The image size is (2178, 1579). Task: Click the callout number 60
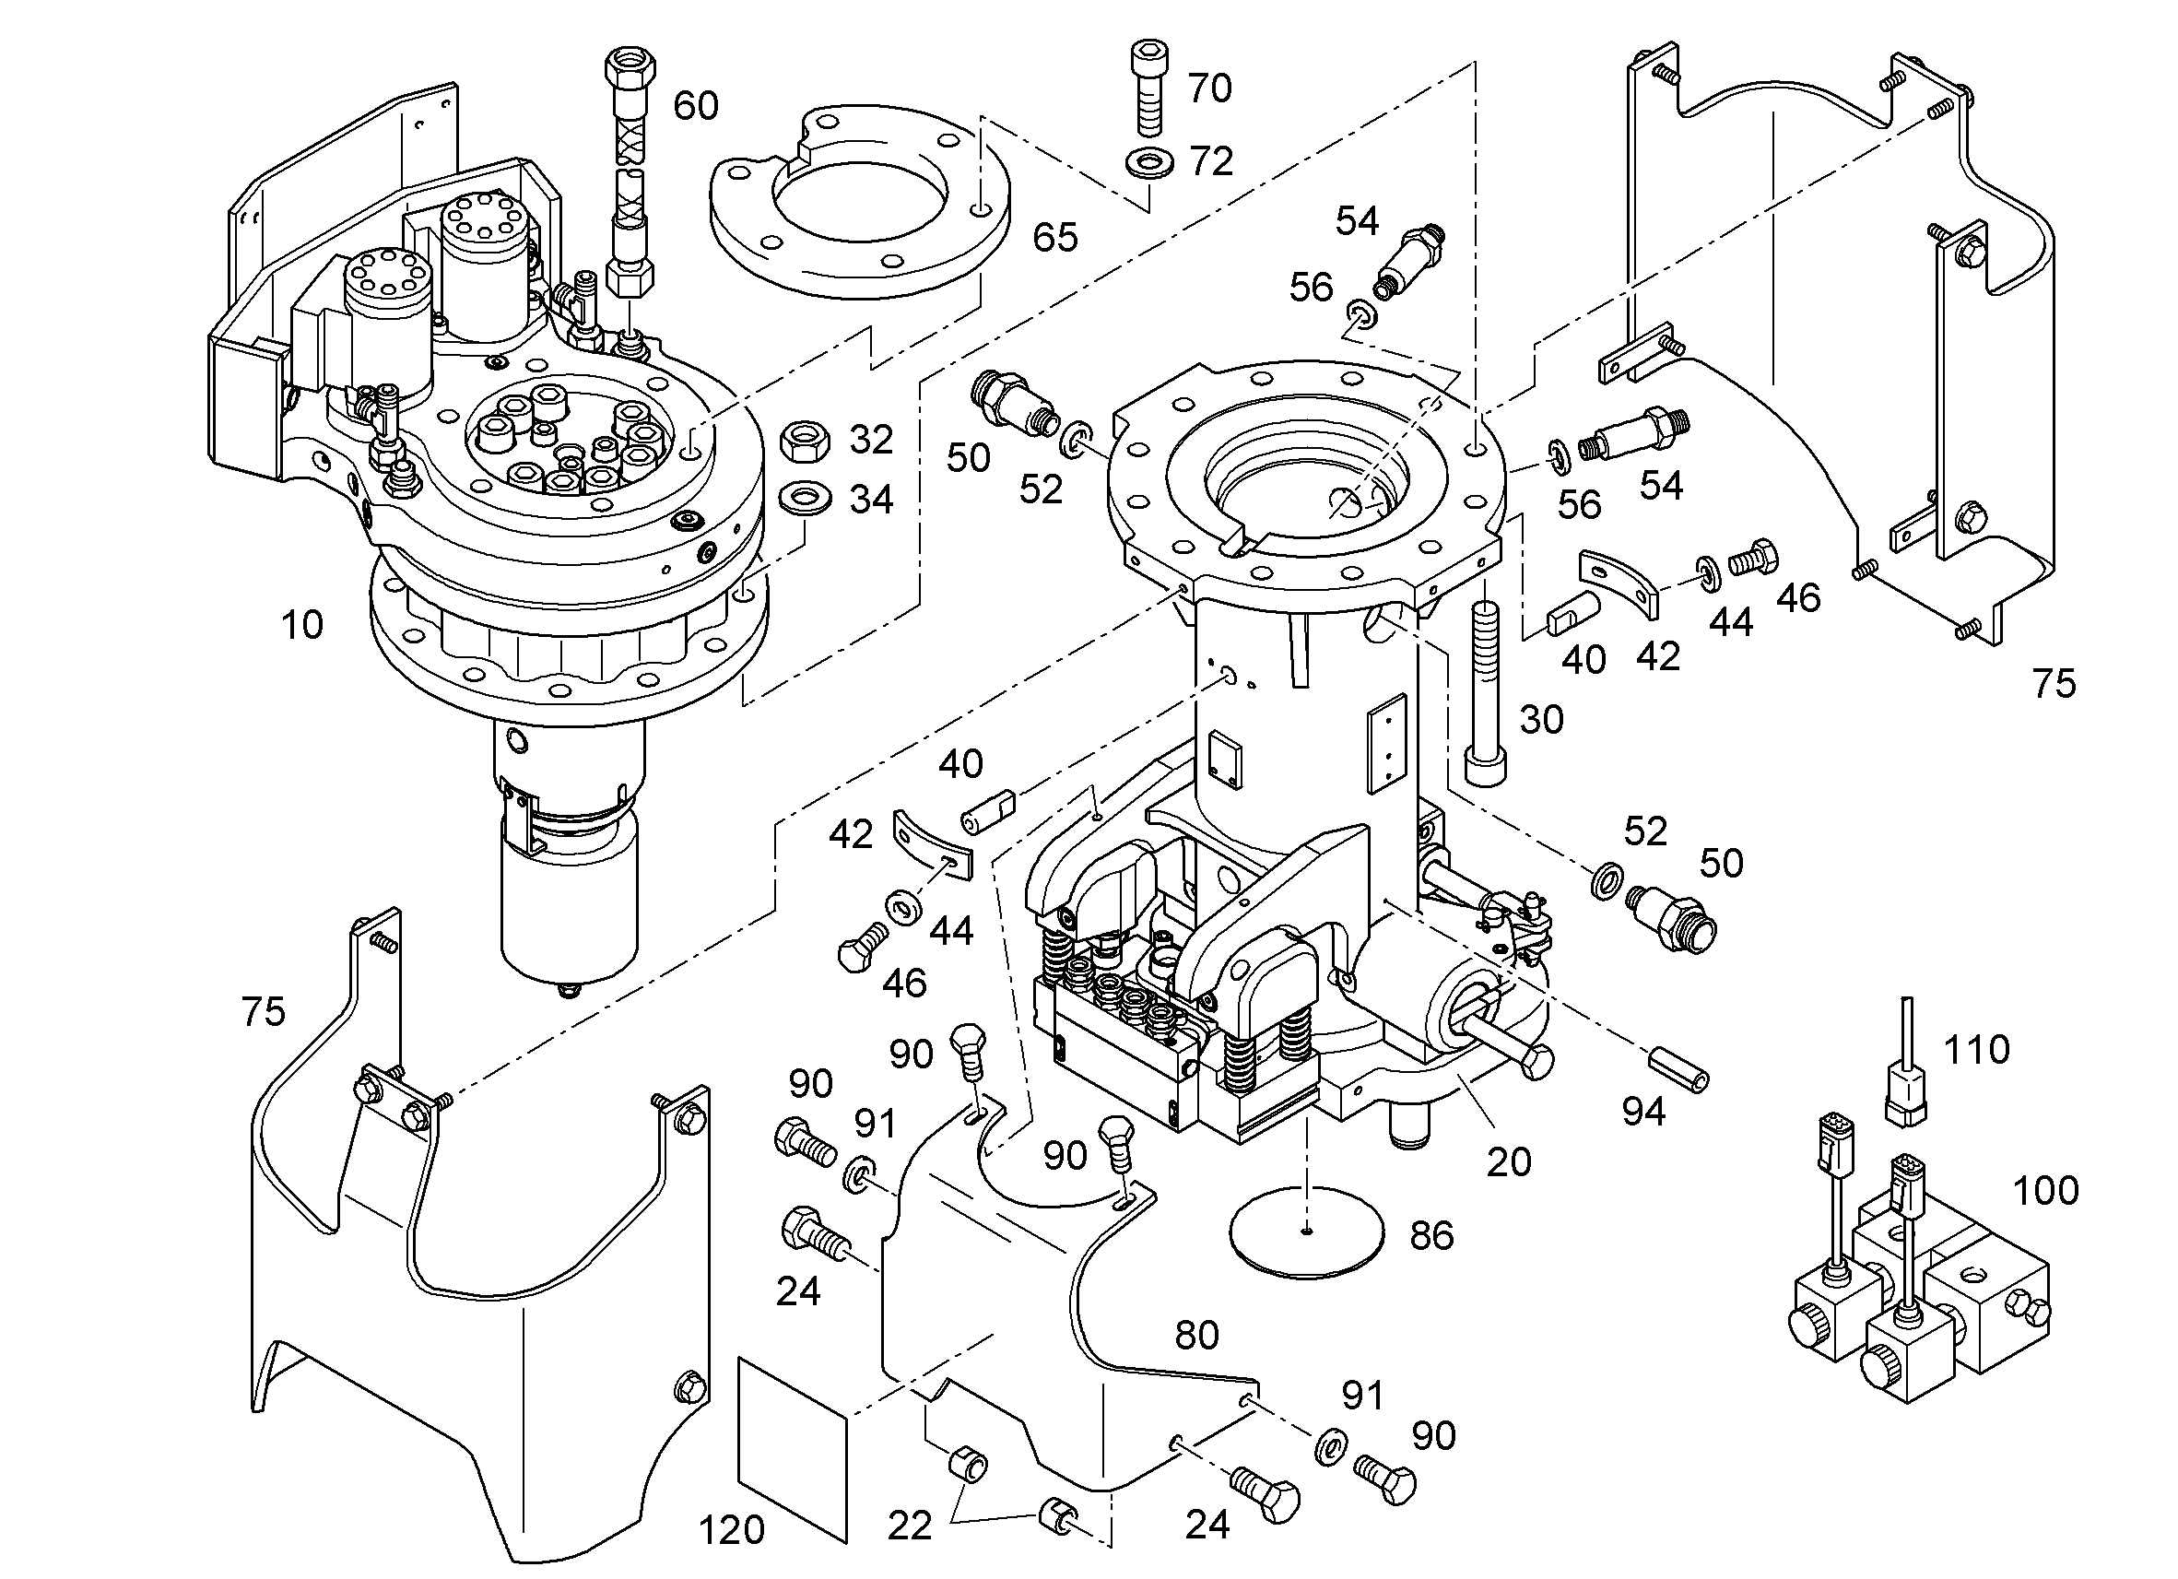pyautogui.click(x=695, y=106)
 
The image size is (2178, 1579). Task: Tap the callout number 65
pyautogui.click(x=1055, y=237)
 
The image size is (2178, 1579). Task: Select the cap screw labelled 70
pyautogui.click(x=1150, y=88)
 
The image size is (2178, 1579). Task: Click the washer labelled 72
pyautogui.click(x=1148, y=163)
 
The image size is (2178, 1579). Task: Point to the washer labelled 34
pyautogui.click(x=806, y=500)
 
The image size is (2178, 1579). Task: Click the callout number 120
pyautogui.click(x=731, y=1530)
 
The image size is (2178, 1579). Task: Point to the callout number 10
pyautogui.click(x=301, y=625)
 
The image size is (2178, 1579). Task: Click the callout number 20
pyautogui.click(x=1509, y=1162)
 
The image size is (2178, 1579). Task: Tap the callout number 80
pyautogui.click(x=1196, y=1335)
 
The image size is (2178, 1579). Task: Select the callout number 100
pyautogui.click(x=2045, y=1191)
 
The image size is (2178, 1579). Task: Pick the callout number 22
pyautogui.click(x=909, y=1526)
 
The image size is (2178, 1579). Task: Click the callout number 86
pyautogui.click(x=1430, y=1236)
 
